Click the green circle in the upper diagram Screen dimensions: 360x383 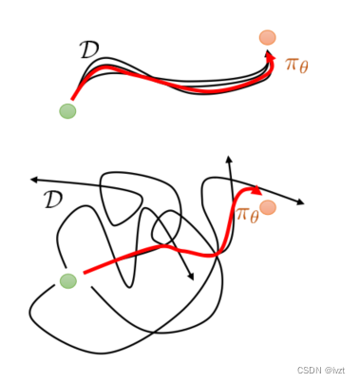click(x=67, y=111)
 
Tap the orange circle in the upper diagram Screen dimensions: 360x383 click(x=268, y=38)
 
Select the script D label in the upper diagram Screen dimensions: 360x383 click(x=89, y=50)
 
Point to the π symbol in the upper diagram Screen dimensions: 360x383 click(x=292, y=64)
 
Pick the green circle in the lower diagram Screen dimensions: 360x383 click(x=68, y=280)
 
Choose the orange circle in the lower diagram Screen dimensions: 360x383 click(x=268, y=207)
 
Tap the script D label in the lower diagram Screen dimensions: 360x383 click(x=53, y=200)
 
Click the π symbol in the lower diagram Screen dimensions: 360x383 click(x=243, y=214)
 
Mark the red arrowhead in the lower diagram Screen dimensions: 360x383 click(x=256, y=190)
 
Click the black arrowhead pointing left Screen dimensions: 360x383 click(x=34, y=180)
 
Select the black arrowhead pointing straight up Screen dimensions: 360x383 click(x=228, y=159)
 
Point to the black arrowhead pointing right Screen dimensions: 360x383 click(x=300, y=202)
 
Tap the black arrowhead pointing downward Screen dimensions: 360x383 click(x=191, y=277)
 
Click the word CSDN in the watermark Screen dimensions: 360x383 click(x=309, y=370)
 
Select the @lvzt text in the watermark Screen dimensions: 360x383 click(x=334, y=370)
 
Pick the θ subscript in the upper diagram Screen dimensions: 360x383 click(x=304, y=67)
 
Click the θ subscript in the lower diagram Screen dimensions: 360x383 click(x=255, y=218)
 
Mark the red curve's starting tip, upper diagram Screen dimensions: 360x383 click(x=72, y=100)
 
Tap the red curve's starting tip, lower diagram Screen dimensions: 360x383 click(x=84, y=273)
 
